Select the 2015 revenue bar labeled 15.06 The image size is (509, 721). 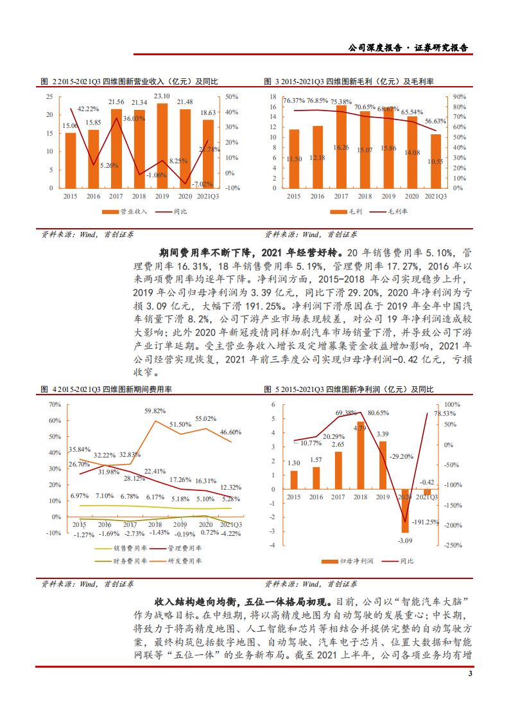tap(71, 160)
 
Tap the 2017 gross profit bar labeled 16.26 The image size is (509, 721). tap(341, 147)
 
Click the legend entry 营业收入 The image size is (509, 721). tap(125, 211)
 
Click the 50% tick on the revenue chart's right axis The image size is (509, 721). tap(232, 96)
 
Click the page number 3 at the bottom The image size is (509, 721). tap(470, 674)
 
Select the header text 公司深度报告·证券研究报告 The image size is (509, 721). tap(408, 48)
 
